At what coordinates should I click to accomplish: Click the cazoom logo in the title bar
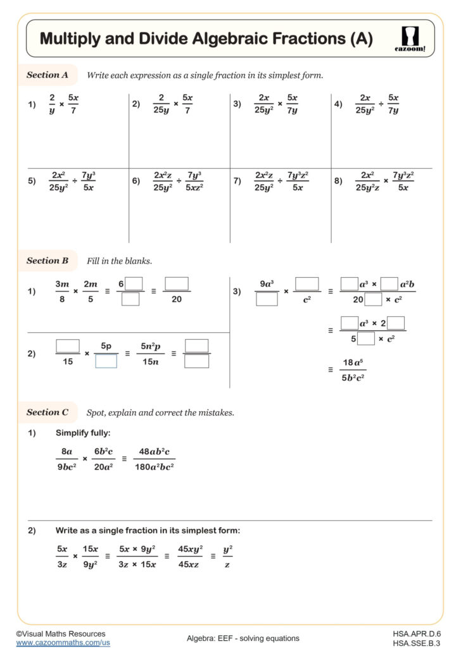point(413,39)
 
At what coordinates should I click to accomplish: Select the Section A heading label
point(47,75)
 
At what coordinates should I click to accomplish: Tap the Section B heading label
point(47,260)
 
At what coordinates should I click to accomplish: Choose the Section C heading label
point(47,412)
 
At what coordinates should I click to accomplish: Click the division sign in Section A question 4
point(381,104)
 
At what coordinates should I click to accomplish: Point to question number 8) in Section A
point(338,181)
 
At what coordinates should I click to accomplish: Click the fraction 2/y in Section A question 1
point(52,104)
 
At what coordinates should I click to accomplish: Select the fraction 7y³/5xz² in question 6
point(194,181)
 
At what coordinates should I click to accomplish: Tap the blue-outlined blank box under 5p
point(106,361)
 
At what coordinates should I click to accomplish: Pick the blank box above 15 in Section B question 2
point(68,346)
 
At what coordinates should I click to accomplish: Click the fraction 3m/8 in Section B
point(62,291)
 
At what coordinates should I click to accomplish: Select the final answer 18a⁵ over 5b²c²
point(352,370)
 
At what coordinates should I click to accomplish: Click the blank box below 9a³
point(267,299)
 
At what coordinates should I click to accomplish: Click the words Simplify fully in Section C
point(84,433)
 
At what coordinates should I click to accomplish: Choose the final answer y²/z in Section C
point(227,556)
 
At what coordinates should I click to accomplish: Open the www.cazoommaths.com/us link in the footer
point(63,642)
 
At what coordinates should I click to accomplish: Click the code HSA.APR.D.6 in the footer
point(416,633)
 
